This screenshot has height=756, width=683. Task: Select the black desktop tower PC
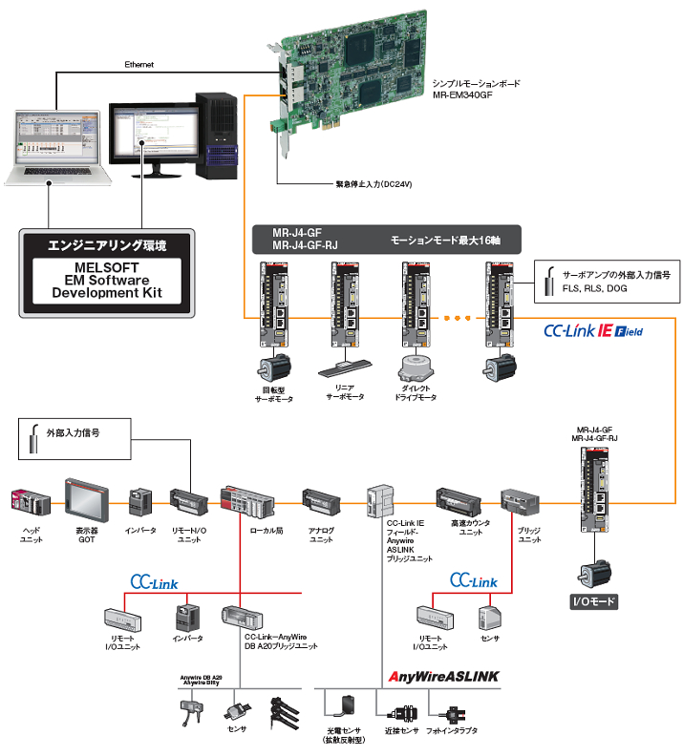click(x=215, y=134)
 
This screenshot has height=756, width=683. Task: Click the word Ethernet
click(x=139, y=65)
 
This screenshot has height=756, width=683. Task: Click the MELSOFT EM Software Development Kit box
click(x=106, y=271)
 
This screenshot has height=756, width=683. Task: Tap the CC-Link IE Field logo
click(x=593, y=331)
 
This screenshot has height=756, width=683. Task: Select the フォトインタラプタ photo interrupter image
click(x=449, y=712)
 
